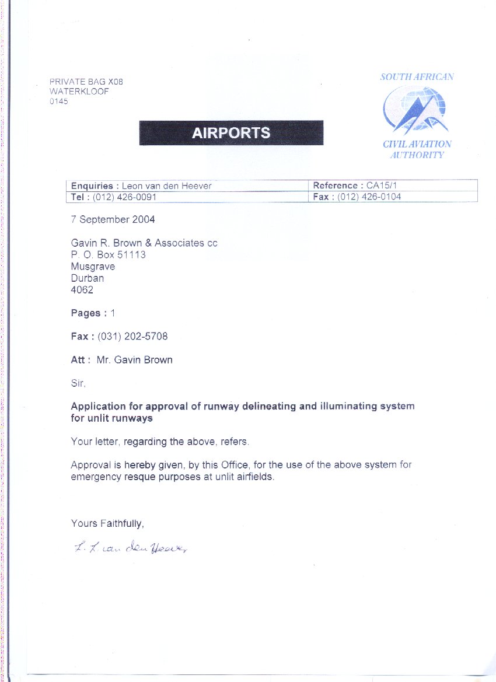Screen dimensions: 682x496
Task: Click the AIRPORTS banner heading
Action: pos(231,132)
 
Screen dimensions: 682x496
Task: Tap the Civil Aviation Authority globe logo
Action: pos(415,110)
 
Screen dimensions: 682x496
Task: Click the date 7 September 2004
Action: pos(113,219)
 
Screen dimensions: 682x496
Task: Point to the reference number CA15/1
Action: pos(385,186)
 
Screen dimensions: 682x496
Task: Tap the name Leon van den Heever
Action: pos(166,186)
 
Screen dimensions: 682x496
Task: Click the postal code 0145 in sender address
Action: pos(59,101)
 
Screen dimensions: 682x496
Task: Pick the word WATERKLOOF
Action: pos(79,92)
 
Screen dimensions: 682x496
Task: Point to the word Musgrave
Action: pos(93,267)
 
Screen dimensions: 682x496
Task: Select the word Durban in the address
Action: pos(88,278)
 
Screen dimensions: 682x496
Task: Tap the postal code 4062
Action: pos(82,290)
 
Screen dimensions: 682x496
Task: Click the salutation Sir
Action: pos(78,383)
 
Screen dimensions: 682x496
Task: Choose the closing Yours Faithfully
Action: pos(107,523)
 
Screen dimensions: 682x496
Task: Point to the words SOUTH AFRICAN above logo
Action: pos(417,76)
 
